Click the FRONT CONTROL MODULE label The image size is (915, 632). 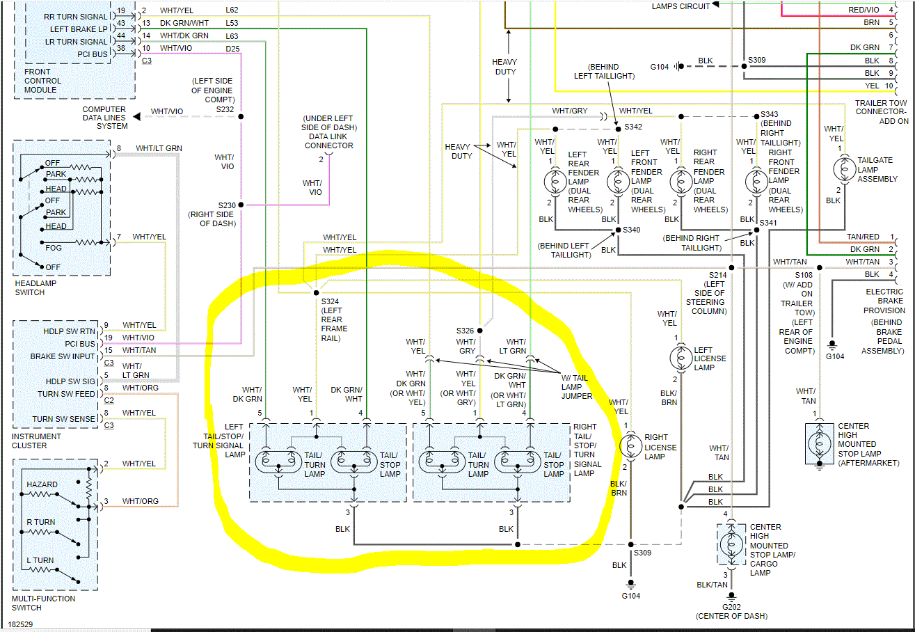[42, 81]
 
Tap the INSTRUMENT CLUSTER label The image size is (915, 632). [37, 441]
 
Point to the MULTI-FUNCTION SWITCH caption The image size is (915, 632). [43, 603]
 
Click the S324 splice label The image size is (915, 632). [330, 301]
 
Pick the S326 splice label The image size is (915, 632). [465, 330]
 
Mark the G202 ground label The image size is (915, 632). [731, 607]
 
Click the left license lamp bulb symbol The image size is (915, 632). [676, 358]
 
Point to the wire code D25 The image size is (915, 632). [232, 48]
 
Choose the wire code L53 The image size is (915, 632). [232, 23]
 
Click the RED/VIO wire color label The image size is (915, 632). [864, 10]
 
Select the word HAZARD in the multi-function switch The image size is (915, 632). [42, 484]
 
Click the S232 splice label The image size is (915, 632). [225, 109]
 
